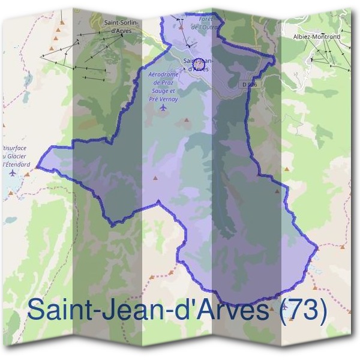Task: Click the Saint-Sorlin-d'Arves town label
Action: [122, 27]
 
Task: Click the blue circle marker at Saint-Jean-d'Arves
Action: [202, 62]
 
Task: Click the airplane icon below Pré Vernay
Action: [164, 108]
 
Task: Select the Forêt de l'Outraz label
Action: [202, 23]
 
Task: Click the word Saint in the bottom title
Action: [59, 311]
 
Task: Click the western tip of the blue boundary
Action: [38, 166]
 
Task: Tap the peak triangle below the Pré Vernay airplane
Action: [186, 121]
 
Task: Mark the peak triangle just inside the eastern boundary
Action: [275, 193]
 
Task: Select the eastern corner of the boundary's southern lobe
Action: [317, 248]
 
